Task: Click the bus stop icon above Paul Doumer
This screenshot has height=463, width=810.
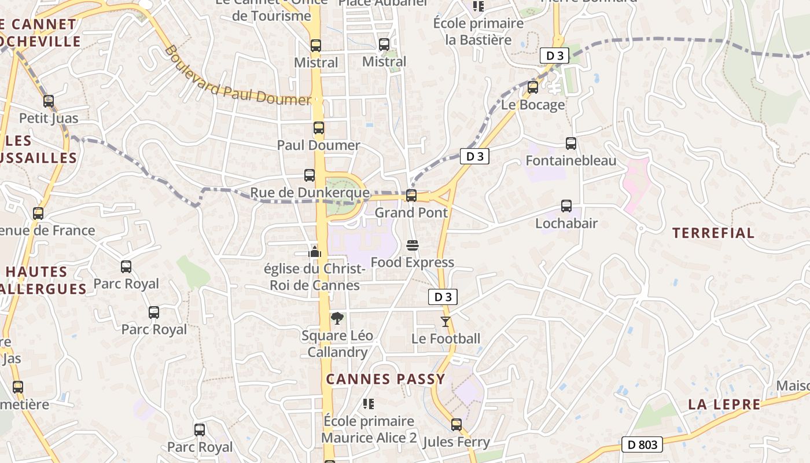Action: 319,128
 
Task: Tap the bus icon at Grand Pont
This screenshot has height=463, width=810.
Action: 411,195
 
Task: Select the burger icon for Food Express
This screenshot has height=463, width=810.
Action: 413,245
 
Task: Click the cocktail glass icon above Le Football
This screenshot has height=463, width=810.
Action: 446,322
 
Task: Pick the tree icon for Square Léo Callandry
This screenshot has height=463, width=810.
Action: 337,318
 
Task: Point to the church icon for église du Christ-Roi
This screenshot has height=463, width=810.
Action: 315,252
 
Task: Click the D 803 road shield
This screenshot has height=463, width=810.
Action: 642,444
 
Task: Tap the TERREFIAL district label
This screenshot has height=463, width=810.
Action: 713,233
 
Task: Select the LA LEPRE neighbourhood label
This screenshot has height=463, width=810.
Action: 724,405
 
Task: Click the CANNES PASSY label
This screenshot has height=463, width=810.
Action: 386,380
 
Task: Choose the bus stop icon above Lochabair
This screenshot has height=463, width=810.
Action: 566,205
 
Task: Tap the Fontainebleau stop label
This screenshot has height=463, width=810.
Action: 571,160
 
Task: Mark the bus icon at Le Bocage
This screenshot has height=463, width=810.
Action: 533,87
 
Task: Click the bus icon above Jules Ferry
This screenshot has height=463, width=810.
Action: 456,425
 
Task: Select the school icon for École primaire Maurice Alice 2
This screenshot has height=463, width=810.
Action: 368,403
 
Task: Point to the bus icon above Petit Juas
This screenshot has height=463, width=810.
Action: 49,101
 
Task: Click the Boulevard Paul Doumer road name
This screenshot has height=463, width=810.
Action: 238,76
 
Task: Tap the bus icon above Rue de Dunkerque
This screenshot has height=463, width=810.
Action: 310,175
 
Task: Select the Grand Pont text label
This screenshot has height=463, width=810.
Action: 411,212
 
